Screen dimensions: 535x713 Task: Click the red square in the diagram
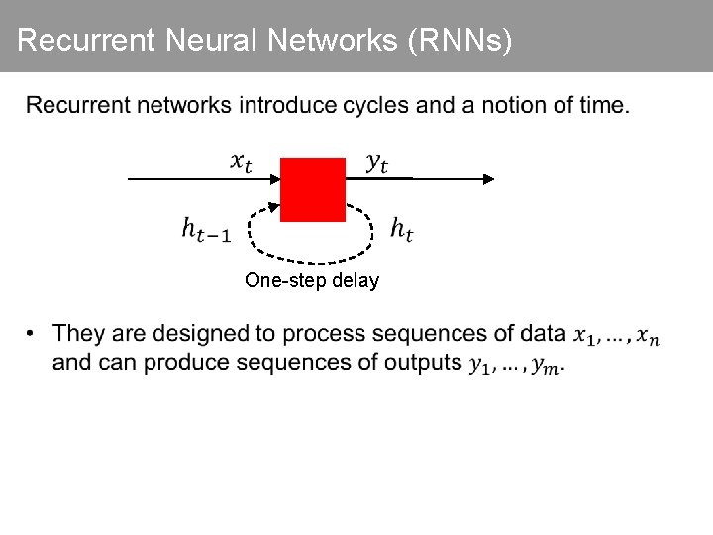click(x=313, y=188)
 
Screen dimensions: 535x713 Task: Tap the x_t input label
click(x=241, y=161)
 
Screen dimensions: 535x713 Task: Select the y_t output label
click(x=377, y=162)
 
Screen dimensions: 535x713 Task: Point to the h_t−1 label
click(x=206, y=230)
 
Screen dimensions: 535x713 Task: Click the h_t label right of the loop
click(x=402, y=230)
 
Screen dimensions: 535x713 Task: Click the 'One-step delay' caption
click(x=312, y=280)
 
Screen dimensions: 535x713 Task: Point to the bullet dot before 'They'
click(x=33, y=333)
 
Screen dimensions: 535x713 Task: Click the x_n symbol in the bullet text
click(x=648, y=337)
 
